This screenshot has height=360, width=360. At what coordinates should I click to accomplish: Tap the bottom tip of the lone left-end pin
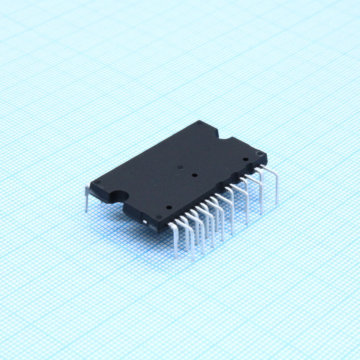[x=86, y=210]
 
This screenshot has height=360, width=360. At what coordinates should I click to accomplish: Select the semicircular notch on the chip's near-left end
[x=119, y=195]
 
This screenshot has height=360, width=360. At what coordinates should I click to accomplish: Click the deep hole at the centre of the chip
[x=194, y=175]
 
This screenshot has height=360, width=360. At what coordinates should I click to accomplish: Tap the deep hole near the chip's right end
[x=246, y=159]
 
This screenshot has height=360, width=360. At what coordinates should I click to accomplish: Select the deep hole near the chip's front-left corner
[x=169, y=208]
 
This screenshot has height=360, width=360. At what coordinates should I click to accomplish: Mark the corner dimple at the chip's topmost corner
[x=199, y=123]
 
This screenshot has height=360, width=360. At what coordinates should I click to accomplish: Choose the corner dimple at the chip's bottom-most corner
[x=158, y=217]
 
